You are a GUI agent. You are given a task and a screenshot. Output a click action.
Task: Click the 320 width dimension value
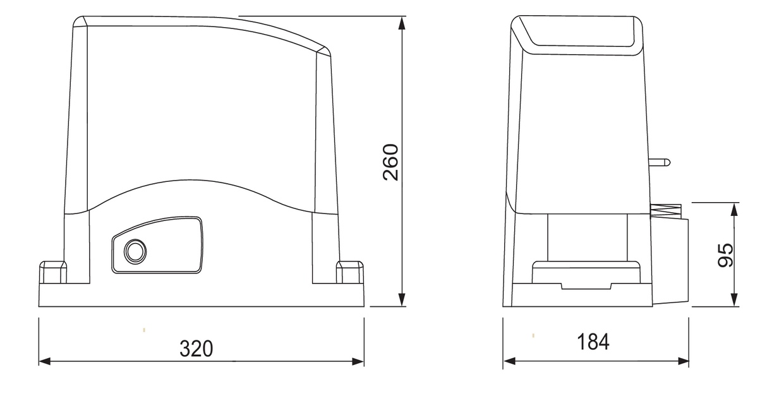(x=196, y=348)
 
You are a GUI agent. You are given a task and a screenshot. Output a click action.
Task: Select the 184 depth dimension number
(x=593, y=342)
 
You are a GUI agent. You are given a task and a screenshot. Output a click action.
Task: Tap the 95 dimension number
(x=727, y=254)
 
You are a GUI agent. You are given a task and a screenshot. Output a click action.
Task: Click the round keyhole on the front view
(x=134, y=251)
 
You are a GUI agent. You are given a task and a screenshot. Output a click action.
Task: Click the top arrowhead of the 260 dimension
(x=401, y=23)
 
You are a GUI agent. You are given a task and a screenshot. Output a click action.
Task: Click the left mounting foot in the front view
(x=53, y=272)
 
